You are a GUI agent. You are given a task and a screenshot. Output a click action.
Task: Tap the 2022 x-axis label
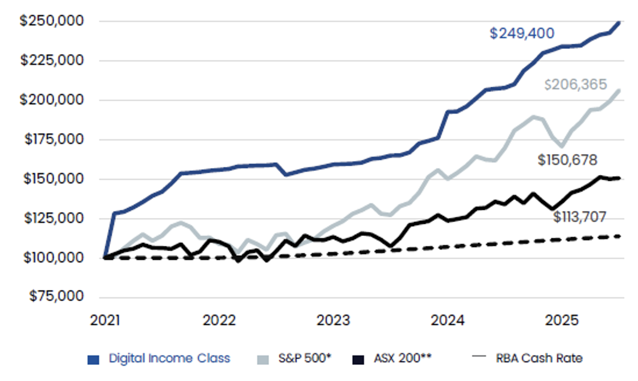(x=219, y=321)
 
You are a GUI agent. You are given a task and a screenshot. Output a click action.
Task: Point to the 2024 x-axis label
(x=447, y=321)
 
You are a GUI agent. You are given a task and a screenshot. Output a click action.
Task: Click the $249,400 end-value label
(x=522, y=33)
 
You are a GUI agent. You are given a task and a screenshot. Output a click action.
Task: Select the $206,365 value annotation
(x=575, y=85)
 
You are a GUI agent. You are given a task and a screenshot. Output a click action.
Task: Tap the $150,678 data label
(x=567, y=160)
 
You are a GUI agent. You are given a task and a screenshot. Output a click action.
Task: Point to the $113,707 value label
(x=580, y=216)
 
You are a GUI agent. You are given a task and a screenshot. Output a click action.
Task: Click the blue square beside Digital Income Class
(x=93, y=359)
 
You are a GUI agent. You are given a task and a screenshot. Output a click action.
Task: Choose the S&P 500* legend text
(x=304, y=359)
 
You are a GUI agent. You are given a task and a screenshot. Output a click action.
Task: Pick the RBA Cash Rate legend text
(x=539, y=359)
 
